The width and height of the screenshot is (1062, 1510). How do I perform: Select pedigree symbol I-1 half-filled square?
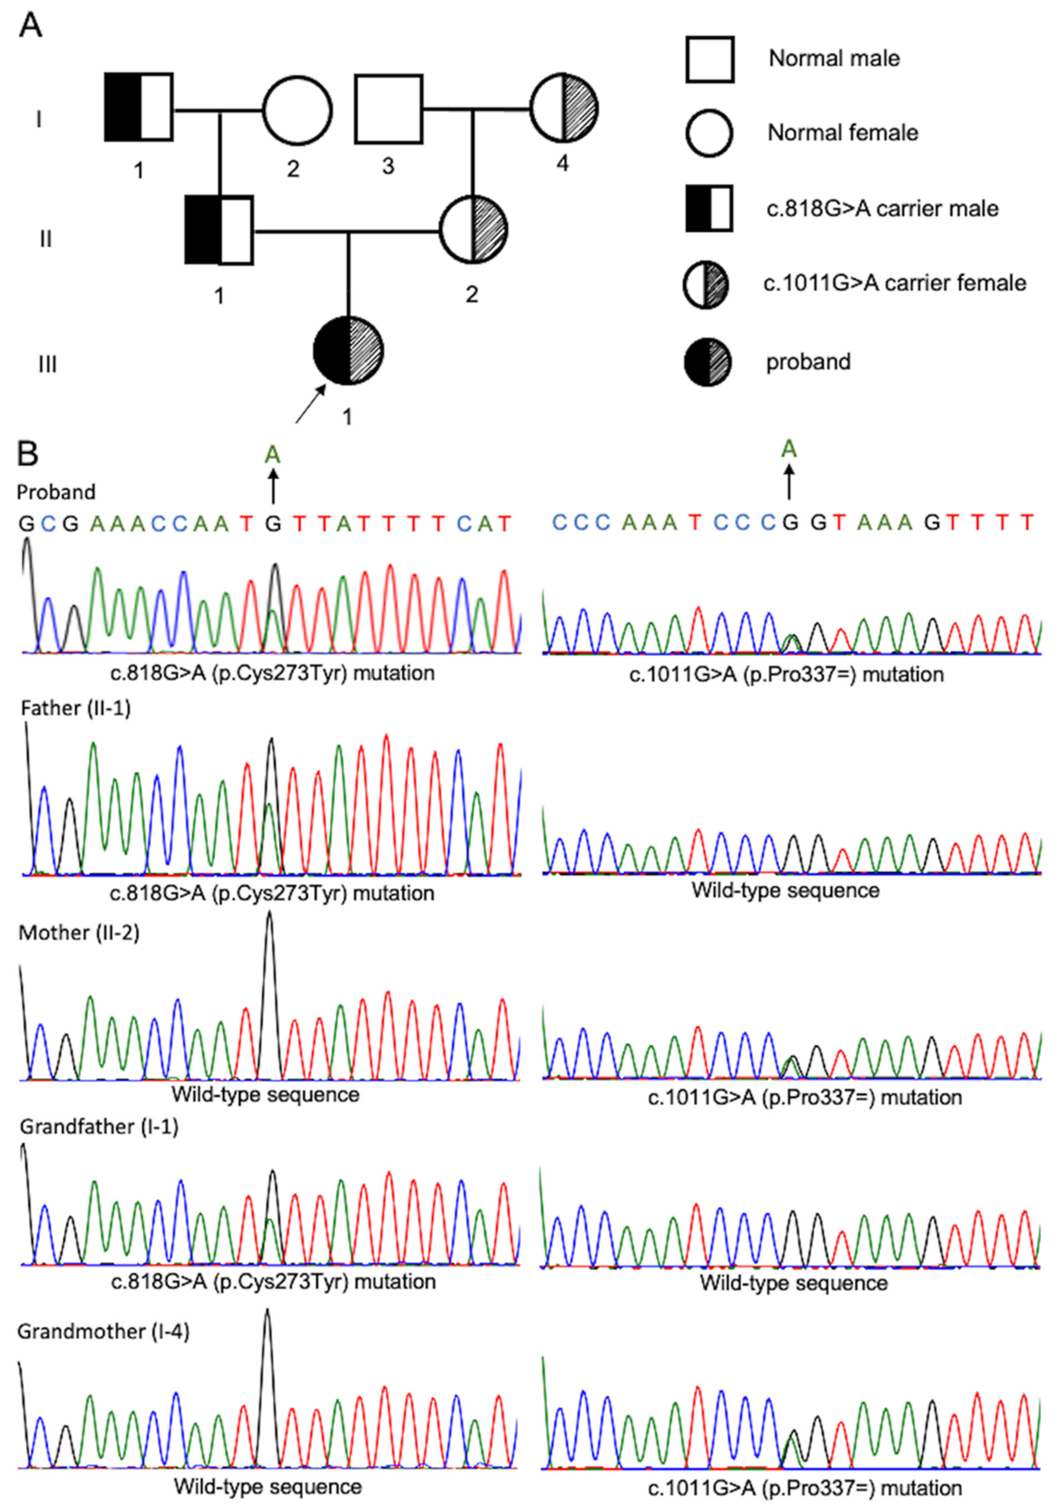(139, 107)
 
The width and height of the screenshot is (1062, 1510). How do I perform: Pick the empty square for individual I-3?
(389, 109)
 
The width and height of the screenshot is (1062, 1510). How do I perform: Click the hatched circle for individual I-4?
(564, 107)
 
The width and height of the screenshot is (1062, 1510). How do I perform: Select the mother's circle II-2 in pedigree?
(473, 229)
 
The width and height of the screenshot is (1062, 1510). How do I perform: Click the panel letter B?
(28, 454)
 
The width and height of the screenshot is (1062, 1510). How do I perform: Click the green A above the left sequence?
(272, 454)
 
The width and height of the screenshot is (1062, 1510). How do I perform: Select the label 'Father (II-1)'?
(76, 708)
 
